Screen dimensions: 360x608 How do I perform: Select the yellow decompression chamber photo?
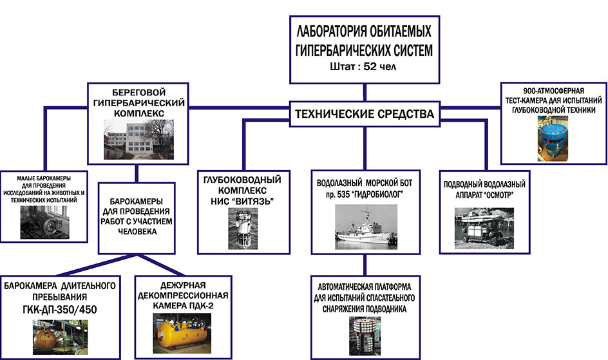tap(181, 336)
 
